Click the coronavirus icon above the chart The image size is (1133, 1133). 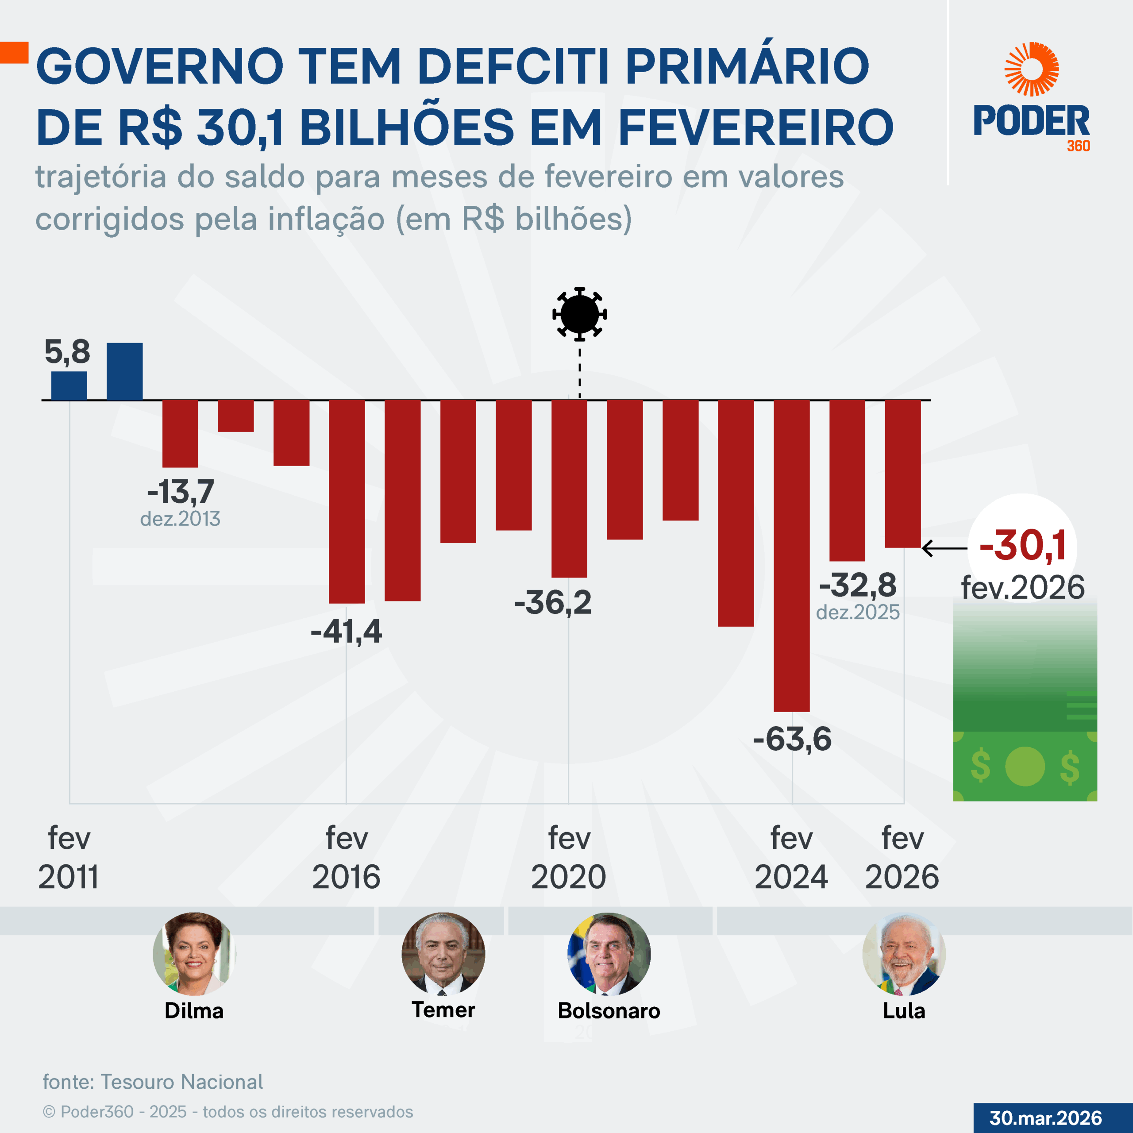click(x=579, y=314)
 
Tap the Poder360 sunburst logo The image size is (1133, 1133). click(x=1032, y=69)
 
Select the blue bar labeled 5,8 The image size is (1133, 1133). click(x=69, y=385)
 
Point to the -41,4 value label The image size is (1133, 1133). click(x=346, y=632)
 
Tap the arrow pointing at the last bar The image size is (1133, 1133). click(x=944, y=548)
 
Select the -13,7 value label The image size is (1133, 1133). click(x=181, y=491)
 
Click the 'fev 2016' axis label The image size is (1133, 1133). click(x=346, y=857)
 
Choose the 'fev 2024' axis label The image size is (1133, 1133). click(x=791, y=857)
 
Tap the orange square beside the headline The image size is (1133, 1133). click(x=14, y=52)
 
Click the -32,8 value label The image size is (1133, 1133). click(x=858, y=585)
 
